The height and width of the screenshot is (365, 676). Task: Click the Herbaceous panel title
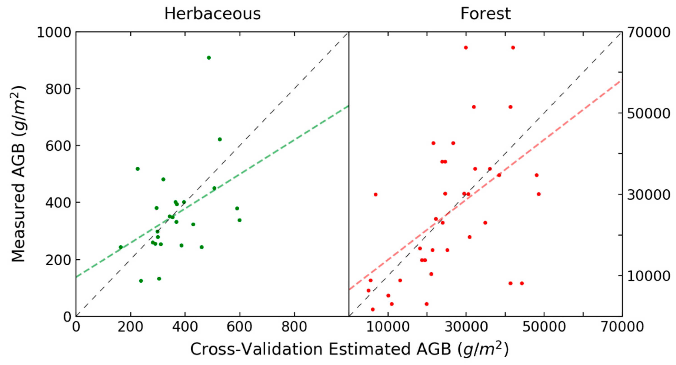213,14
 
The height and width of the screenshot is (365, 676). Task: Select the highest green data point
209,58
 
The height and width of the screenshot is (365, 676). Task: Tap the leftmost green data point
121,247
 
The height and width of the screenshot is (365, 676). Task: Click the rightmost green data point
239,220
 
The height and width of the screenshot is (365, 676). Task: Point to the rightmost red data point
539,194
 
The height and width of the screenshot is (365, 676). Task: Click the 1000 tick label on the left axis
54,33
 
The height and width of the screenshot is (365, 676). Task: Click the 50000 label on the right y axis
648,113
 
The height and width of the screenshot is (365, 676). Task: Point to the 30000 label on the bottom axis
466,327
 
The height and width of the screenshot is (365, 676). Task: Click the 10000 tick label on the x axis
388,327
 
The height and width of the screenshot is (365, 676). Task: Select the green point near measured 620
220,139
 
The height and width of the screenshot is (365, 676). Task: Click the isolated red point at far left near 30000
376,194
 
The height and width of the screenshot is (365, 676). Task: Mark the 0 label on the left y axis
68,317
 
